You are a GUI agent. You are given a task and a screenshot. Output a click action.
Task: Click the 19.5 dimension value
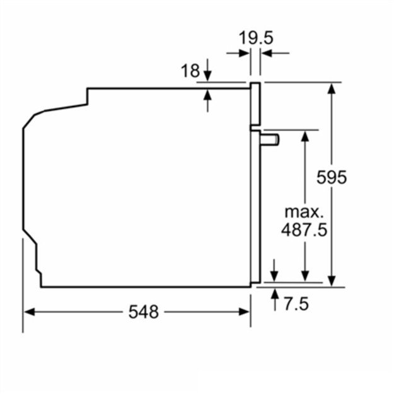[x=256, y=38]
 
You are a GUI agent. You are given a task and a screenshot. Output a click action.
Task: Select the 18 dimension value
[x=190, y=71]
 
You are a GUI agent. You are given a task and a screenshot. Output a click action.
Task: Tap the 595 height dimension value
[x=332, y=177]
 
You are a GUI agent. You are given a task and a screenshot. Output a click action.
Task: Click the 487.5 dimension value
[x=304, y=230]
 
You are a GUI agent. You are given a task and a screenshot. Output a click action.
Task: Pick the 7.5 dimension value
[x=296, y=304]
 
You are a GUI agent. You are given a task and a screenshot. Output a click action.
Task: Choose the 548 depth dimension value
[x=144, y=311]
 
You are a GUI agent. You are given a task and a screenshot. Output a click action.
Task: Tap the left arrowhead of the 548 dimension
[x=28, y=311]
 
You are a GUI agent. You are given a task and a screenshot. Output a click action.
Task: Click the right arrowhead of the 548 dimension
[x=245, y=311]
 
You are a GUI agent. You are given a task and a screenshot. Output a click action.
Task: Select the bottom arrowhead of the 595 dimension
[x=331, y=281]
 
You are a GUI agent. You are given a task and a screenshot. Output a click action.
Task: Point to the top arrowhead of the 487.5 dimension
[x=304, y=134]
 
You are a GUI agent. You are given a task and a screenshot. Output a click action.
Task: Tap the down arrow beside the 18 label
[x=208, y=75]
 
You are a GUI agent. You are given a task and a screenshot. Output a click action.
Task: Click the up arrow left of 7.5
[x=275, y=294]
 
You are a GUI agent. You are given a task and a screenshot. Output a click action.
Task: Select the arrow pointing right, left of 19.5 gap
[x=245, y=54]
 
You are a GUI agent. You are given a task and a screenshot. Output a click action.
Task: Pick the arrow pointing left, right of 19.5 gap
[x=265, y=54]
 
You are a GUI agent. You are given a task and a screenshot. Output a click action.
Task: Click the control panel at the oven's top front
[x=255, y=104]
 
